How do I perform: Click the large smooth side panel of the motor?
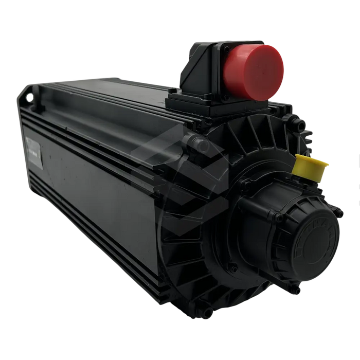coord(93,195)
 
